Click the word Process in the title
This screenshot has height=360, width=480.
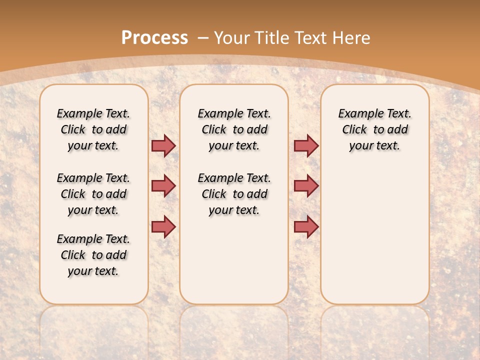154,37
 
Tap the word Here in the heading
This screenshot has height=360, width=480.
351,38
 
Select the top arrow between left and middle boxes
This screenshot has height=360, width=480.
163,145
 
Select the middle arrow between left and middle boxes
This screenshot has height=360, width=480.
163,186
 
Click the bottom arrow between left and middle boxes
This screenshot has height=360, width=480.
163,226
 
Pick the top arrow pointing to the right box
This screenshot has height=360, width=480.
306,145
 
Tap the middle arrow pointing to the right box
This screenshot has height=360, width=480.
306,186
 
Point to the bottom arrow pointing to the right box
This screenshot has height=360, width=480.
306,226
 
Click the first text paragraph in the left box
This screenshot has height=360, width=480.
93,129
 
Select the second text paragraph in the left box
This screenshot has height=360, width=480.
93,194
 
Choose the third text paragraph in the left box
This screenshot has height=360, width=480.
93,255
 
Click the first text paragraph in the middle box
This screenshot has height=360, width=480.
234,129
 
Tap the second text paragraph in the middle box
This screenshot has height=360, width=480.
234,194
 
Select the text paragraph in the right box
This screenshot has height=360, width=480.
374,129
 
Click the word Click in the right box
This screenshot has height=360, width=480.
354,130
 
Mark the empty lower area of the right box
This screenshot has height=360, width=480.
374,235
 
